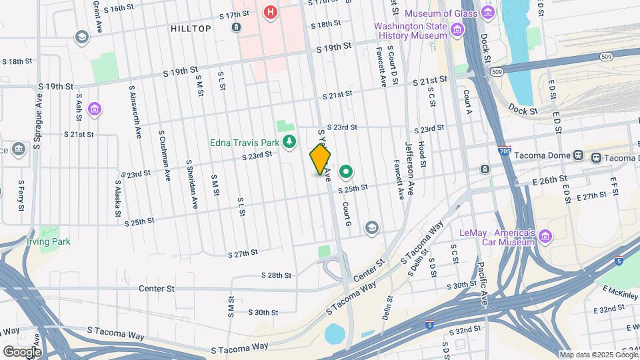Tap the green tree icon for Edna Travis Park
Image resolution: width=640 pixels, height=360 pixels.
tap(289, 141)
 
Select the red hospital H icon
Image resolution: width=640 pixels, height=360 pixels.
tap(270, 12)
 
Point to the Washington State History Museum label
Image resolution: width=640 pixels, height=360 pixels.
tap(410, 31)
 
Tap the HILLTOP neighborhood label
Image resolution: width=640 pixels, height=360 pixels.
tap(191, 29)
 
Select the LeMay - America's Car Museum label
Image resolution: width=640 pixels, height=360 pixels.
tap(498, 237)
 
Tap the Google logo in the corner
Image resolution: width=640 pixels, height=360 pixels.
tap(22, 351)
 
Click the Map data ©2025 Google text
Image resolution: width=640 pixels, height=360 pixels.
tap(598, 355)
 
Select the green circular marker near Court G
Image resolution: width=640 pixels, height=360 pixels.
tap(346, 173)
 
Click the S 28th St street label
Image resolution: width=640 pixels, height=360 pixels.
tap(276, 275)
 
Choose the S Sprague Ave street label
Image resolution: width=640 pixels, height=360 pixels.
tap(37, 131)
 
